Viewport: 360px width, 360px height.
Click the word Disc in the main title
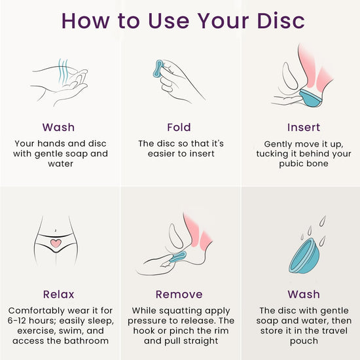tap(281, 21)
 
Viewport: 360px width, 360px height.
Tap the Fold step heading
tap(179, 127)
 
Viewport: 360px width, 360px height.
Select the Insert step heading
tap(304, 127)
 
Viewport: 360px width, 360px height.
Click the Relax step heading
tap(58, 295)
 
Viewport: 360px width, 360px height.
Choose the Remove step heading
tap(179, 295)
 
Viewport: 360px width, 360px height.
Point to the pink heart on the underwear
tap(56, 243)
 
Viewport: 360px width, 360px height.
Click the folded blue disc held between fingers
tap(158, 69)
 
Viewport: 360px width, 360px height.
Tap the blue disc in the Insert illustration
tap(310, 98)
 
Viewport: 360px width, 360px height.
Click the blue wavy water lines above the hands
tap(63, 71)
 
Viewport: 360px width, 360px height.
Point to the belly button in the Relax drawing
tap(56, 230)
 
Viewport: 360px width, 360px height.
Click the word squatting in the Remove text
tap(181, 311)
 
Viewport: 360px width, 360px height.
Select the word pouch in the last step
tap(304, 341)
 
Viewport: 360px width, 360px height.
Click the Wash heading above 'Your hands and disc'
tap(58, 127)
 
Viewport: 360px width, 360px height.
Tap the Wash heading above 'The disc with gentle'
tap(304, 295)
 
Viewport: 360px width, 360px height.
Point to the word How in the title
tap(85, 21)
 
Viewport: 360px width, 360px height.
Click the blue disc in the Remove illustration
tap(177, 257)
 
